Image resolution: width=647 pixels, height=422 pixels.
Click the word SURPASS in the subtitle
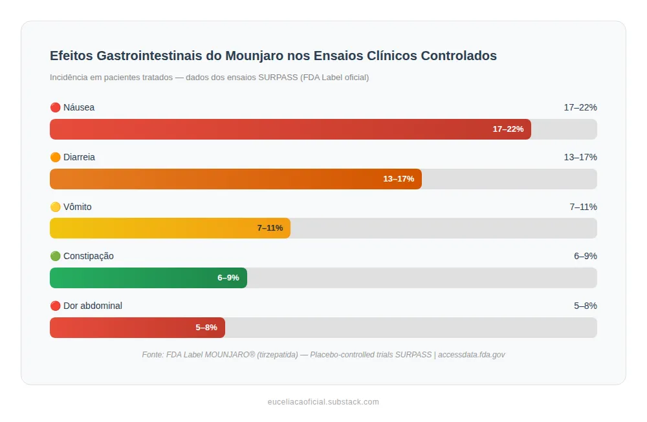[278, 78]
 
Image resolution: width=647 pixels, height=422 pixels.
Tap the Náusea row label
[78, 107]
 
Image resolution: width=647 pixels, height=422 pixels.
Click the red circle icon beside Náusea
[55, 107]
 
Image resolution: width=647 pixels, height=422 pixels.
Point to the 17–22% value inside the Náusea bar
[508, 129]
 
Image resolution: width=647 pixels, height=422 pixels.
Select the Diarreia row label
[79, 157]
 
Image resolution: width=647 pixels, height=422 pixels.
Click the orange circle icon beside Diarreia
[55, 157]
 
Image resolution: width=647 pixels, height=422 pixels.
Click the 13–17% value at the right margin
[580, 157]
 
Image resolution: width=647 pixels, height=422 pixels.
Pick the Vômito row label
[77, 207]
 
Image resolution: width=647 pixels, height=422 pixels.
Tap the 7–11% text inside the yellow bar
[270, 228]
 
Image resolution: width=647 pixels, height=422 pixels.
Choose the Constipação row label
[88, 256]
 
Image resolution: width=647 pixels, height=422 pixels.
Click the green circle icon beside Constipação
[55, 256]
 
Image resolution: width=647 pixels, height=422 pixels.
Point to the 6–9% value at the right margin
[585, 256]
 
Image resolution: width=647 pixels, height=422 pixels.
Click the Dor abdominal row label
[93, 306]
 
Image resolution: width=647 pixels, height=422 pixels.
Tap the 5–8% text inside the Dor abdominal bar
[206, 328]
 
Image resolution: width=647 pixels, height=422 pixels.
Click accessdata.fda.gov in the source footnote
[471, 355]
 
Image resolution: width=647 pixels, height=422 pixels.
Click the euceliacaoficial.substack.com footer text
[323, 402]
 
